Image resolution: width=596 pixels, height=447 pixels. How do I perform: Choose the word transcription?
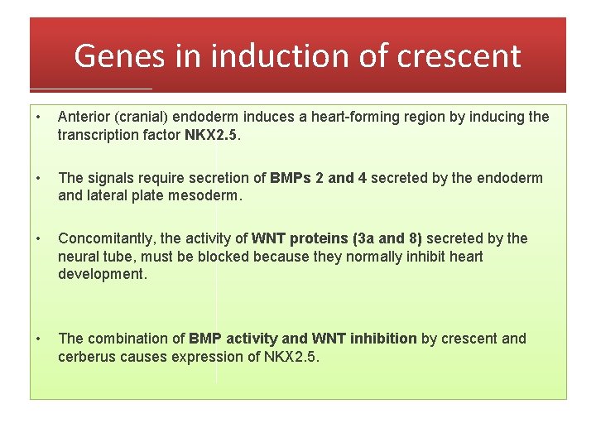pos(99,134)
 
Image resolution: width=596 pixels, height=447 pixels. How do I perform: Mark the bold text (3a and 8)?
pos(387,238)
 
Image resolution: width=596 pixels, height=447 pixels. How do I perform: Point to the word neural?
pos(77,256)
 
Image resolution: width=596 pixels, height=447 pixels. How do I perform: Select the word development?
pos(102,274)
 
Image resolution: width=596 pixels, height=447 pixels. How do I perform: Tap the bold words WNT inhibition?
pos(364,338)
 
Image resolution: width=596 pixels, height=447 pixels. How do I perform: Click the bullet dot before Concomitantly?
pos(40,238)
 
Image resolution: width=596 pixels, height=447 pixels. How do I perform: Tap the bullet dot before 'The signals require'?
pos(40,178)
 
